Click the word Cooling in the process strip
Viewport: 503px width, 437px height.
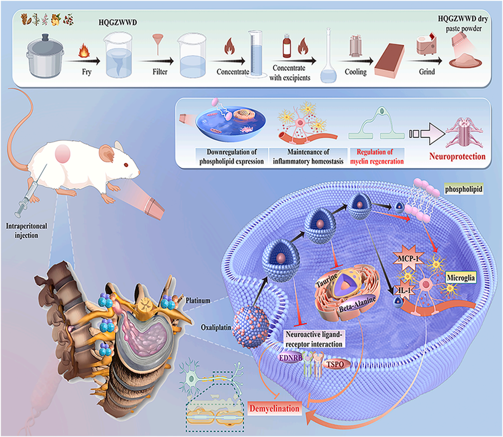[x=355, y=72]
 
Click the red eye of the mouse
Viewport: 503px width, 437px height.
[x=126, y=164]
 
